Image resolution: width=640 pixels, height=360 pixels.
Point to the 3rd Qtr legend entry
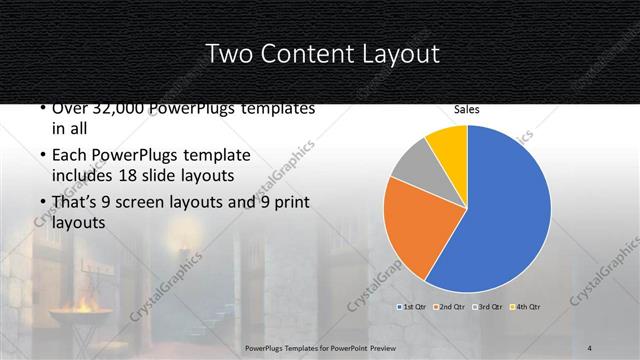click(490, 306)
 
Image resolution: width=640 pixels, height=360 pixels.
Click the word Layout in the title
click(397, 55)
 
